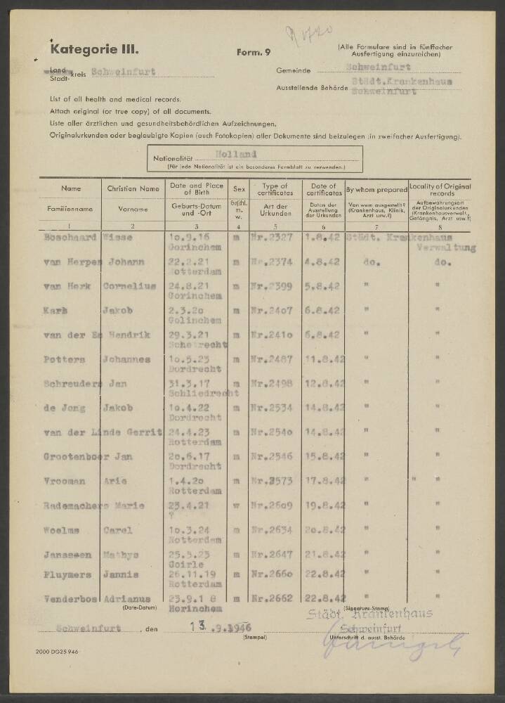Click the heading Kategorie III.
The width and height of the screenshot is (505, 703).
click(94, 49)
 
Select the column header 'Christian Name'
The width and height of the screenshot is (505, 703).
click(133, 188)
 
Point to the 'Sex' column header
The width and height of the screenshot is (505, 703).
click(239, 188)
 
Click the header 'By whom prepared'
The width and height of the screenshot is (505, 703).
click(376, 189)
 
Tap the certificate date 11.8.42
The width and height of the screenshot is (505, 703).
click(324, 359)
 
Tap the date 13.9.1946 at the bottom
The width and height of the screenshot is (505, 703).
click(218, 626)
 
